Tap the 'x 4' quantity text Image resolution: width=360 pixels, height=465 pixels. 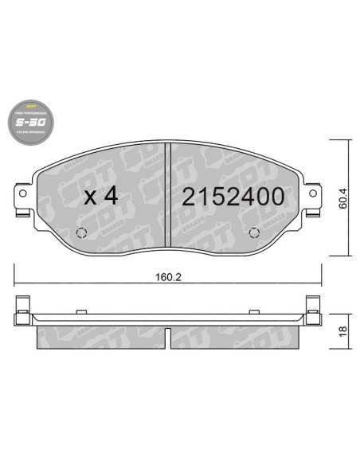tap(100, 197)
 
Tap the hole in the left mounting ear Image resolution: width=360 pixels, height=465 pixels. tap(22, 193)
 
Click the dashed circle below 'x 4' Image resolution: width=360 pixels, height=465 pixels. tap(80, 233)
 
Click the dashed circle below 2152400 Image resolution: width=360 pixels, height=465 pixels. tap(254, 233)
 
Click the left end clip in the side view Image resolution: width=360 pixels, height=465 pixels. tap(23, 310)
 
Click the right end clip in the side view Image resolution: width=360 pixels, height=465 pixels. tap(311, 310)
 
